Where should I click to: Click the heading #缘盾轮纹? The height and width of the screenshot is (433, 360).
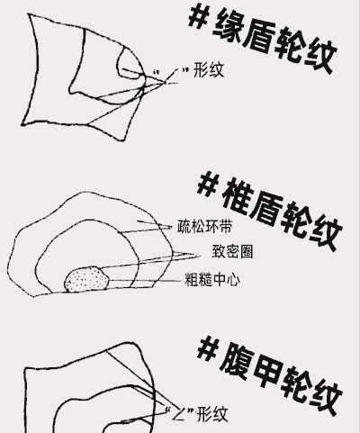click(263, 39)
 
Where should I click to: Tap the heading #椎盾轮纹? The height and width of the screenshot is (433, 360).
click(270, 212)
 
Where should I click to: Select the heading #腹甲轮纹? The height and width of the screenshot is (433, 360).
click(270, 376)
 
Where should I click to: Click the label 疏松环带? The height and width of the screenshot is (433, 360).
click(205, 227)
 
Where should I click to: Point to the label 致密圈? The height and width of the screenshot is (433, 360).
click(232, 251)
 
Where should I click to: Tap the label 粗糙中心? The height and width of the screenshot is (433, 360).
click(212, 280)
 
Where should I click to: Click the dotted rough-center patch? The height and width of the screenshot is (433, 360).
click(86, 279)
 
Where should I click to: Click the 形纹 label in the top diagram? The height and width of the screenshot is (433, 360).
click(209, 70)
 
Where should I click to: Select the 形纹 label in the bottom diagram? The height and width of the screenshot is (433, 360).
click(213, 414)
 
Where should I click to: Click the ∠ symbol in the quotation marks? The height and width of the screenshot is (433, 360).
click(178, 414)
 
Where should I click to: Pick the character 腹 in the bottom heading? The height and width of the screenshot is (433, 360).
click(237, 363)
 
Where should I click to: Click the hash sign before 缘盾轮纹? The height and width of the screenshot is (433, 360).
click(199, 16)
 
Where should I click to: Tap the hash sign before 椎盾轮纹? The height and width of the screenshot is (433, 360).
click(208, 184)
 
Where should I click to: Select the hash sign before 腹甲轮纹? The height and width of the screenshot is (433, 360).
click(208, 348)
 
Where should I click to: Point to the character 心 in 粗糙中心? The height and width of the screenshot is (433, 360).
click(233, 280)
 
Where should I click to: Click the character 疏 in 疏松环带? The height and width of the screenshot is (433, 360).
click(184, 227)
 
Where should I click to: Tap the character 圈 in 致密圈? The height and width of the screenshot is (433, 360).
click(247, 251)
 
